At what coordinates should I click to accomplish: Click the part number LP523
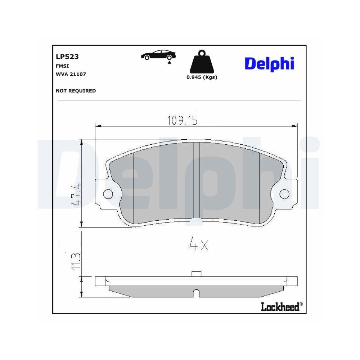[x=67, y=57]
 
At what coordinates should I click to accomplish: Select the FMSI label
[x=62, y=66]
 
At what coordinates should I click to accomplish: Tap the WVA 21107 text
[x=71, y=74]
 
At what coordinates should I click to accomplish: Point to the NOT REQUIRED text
[x=76, y=91]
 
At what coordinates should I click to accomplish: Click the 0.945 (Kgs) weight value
[x=202, y=77]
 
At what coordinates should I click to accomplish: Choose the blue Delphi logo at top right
[x=269, y=63]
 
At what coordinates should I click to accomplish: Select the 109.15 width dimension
[x=182, y=120]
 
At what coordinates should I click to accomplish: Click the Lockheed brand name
[x=280, y=307]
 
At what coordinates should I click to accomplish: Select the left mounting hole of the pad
[x=107, y=194]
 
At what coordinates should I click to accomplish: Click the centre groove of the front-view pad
[x=196, y=180]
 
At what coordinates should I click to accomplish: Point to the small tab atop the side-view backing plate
[x=196, y=274]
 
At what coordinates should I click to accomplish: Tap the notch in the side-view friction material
[x=196, y=293]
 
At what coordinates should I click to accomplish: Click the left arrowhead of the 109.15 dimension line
[x=97, y=126]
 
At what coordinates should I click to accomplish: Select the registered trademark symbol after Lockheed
[x=301, y=304]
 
